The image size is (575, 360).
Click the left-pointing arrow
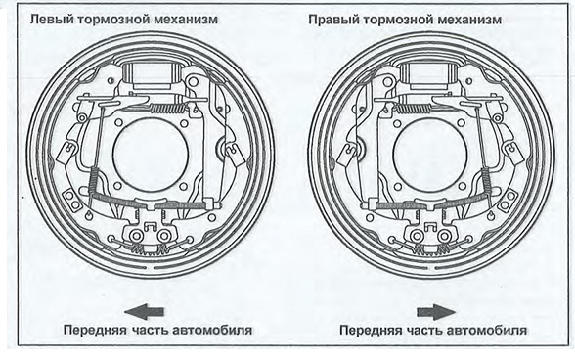click(x=144, y=312)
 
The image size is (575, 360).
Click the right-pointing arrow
click(x=436, y=312)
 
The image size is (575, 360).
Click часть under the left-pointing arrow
click(x=150, y=330)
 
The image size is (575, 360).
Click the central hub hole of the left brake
click(x=151, y=153)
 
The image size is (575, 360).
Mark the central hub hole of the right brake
click(x=430, y=153)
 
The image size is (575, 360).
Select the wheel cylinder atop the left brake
click(x=151, y=75)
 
